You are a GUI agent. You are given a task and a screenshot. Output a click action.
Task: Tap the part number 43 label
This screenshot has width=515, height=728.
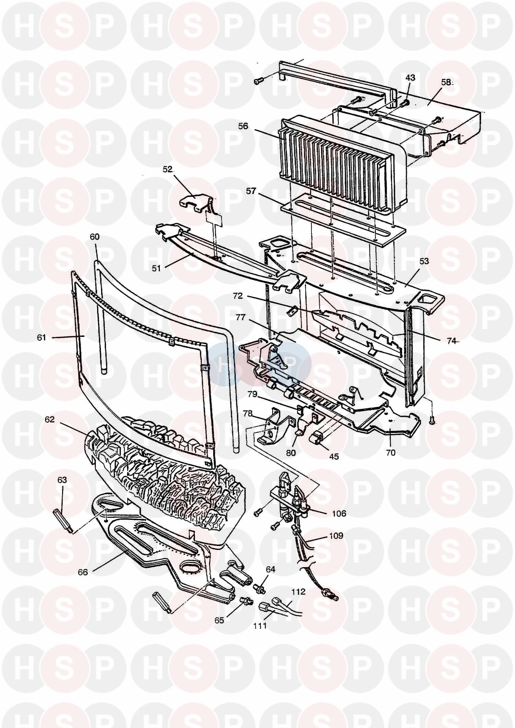(410, 78)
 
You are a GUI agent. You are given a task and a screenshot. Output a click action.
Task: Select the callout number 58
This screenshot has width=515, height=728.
(447, 83)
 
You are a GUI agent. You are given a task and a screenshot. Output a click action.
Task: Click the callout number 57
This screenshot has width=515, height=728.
(251, 191)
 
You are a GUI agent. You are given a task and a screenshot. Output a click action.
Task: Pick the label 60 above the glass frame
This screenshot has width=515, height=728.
(95, 237)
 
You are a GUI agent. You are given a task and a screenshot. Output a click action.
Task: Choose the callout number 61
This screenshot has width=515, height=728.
(41, 338)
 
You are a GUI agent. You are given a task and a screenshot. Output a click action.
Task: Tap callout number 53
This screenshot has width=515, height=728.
(424, 261)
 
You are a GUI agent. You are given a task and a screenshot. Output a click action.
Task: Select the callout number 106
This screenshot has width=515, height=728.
(339, 514)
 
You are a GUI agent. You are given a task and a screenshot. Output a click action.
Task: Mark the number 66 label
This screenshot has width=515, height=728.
(83, 572)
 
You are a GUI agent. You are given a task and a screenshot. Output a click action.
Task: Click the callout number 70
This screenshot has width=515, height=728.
(391, 453)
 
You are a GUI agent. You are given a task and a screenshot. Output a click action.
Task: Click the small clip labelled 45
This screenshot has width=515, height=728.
(317, 438)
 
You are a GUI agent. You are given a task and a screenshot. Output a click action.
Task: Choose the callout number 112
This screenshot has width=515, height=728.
(298, 592)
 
